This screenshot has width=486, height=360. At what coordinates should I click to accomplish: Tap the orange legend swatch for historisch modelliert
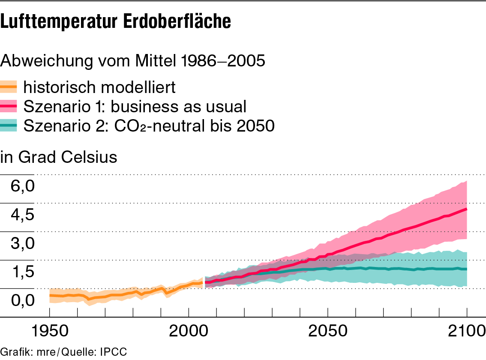click(x=9, y=87)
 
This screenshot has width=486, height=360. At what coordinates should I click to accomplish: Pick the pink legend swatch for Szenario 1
click(x=9, y=105)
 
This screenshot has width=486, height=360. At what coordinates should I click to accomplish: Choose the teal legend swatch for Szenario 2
click(x=9, y=125)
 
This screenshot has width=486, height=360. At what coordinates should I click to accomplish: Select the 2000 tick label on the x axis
click(x=188, y=331)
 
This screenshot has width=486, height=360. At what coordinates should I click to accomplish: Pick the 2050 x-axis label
click(x=327, y=331)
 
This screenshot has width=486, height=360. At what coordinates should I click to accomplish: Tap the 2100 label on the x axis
click(x=465, y=331)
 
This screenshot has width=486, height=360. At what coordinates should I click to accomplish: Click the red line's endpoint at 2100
click(x=466, y=209)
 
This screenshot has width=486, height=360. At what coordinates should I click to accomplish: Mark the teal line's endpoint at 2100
click(x=466, y=269)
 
